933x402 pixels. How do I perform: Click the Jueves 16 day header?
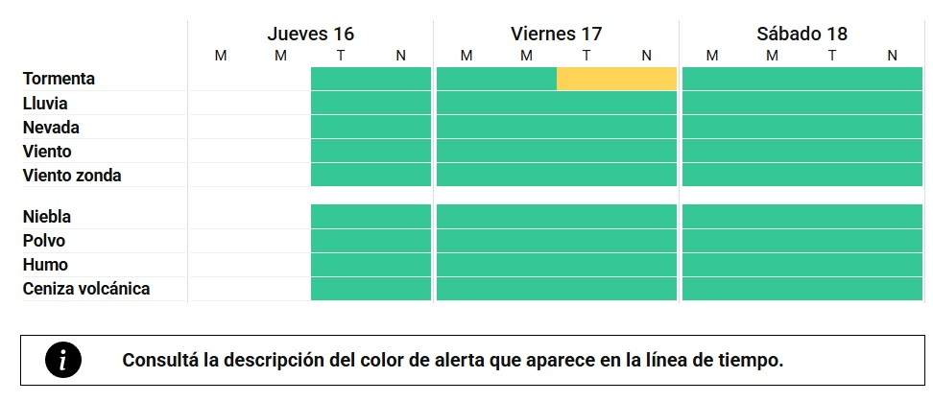[x=310, y=34]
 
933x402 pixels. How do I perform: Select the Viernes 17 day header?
[x=556, y=34]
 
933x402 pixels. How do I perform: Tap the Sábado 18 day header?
[x=801, y=34]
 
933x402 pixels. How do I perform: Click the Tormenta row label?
[x=59, y=79]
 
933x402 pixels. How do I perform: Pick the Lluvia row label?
[x=45, y=103]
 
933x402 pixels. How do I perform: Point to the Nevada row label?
[x=51, y=127]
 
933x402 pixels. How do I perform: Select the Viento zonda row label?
[x=72, y=176]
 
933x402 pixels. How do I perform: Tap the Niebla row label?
[x=47, y=217]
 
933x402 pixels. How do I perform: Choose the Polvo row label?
[x=44, y=241]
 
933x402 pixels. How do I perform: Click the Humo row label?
[x=45, y=265]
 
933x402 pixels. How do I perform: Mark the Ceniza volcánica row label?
[x=86, y=289]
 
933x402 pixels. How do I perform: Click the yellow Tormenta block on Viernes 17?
[x=616, y=79]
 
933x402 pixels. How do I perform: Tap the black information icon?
[x=63, y=360]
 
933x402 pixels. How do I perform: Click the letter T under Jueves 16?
[x=341, y=56]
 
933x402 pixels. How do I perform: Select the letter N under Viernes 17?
[x=646, y=56]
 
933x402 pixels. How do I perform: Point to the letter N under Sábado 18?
[x=892, y=56]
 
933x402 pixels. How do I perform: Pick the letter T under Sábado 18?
[x=832, y=56]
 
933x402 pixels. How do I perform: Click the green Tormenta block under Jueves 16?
[x=371, y=79]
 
